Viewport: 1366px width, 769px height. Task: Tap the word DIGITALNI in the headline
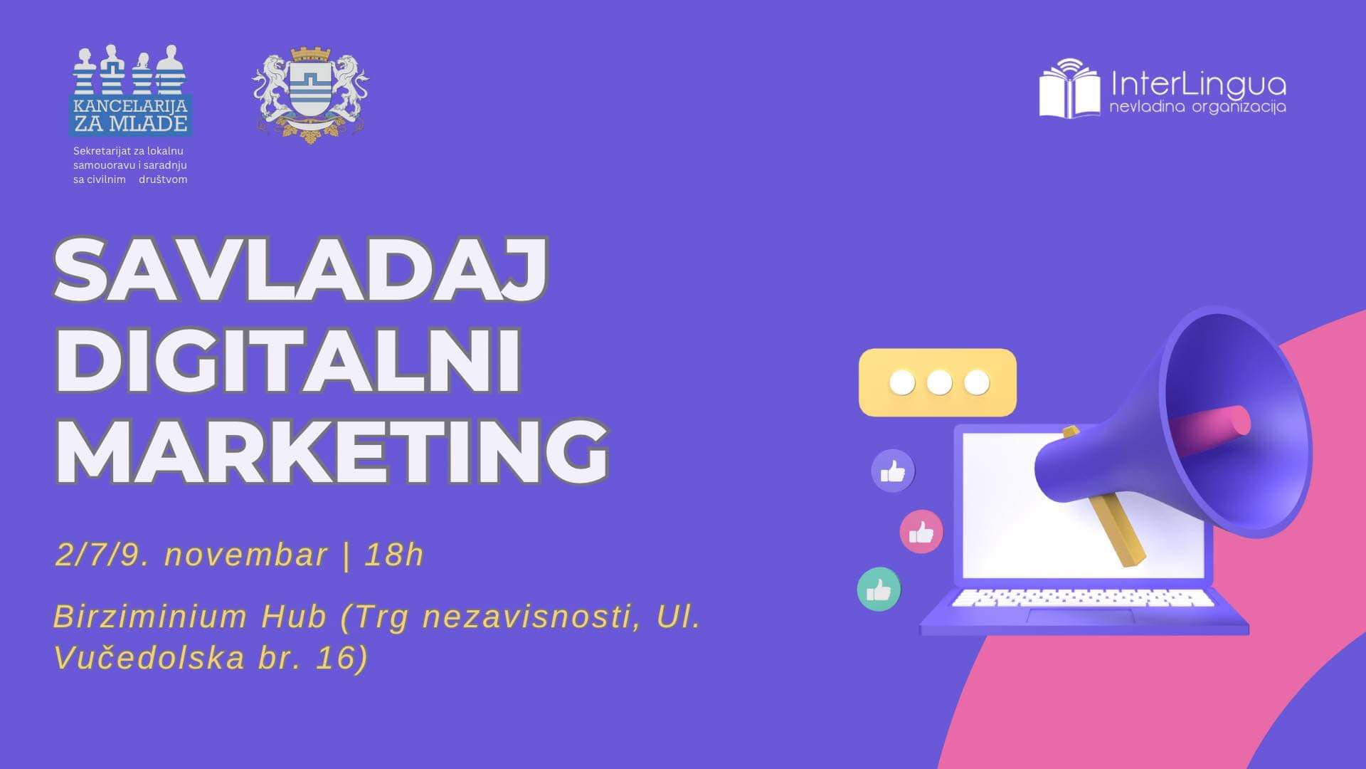[x=288, y=362]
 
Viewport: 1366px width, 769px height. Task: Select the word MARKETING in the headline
[x=332, y=451]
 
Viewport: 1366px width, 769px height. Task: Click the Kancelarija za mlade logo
[x=131, y=90]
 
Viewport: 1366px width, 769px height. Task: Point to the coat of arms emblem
[x=310, y=94]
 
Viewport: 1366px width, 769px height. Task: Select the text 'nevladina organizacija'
[x=1197, y=108]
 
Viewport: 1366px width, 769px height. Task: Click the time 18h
[x=394, y=555]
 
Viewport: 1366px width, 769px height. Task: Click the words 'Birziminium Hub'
[x=190, y=616]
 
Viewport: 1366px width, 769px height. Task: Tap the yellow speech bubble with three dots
[x=938, y=382]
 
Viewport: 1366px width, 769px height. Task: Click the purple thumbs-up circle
[x=893, y=471]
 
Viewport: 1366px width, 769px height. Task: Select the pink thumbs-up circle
[x=921, y=532]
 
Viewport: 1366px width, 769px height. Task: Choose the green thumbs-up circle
[x=879, y=590]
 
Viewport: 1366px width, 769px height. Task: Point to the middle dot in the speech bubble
[x=939, y=382]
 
